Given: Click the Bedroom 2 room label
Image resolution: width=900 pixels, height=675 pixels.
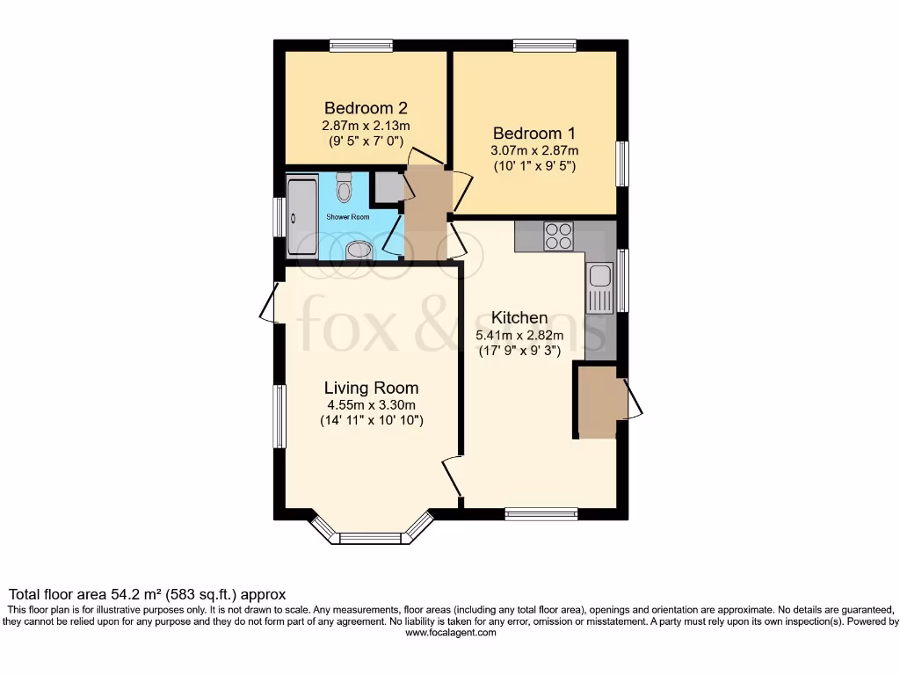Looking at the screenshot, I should click(366, 108).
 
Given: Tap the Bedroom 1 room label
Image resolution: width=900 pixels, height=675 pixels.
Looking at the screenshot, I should click(534, 134).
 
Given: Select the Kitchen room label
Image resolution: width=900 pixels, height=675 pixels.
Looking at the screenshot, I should click(519, 317).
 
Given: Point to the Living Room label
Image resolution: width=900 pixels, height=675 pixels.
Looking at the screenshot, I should click(371, 388).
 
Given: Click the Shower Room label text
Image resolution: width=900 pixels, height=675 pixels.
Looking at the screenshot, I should click(348, 216).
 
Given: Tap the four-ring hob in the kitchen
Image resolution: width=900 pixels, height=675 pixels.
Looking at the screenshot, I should click(557, 236).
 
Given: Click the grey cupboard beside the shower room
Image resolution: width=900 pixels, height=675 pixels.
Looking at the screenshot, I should click(388, 186).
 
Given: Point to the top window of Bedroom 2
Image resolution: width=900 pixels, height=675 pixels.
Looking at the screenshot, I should click(361, 46).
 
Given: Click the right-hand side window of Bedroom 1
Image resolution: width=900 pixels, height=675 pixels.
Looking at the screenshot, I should click(621, 163).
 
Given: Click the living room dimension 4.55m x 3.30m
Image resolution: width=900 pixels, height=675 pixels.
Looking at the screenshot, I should click(371, 405).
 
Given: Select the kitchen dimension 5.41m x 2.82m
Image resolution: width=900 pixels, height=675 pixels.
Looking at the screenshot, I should click(519, 335).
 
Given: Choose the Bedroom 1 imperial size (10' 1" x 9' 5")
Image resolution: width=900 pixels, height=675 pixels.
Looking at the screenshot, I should click(534, 166).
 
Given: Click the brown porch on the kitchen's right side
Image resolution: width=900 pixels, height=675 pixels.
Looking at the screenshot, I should click(599, 401).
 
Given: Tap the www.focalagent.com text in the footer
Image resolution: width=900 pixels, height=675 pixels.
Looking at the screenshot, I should click(449, 632).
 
